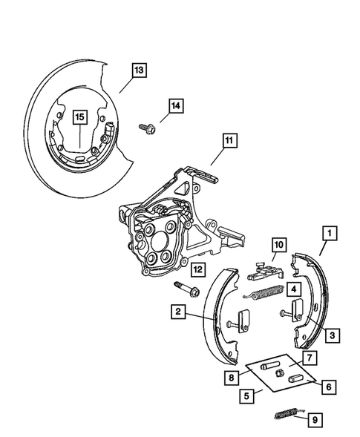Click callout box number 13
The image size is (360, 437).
click(139, 70)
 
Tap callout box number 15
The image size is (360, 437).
click(79, 117)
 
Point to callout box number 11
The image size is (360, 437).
click(228, 139)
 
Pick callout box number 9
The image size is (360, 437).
click(315, 420)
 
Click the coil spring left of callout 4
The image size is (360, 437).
click(264, 294)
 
